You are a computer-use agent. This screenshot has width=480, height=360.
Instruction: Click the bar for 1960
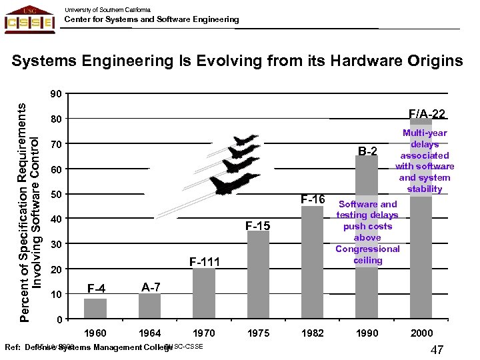pyautogui.click(x=95, y=309)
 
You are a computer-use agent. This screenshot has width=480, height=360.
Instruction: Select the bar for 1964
pyautogui.click(x=149, y=307)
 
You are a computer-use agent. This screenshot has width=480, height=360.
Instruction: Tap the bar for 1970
pyautogui.click(x=203, y=294)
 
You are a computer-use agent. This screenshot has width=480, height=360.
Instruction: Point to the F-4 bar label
pyautogui.click(x=96, y=289)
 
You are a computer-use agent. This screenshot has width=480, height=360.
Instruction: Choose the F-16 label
pyautogui.click(x=312, y=199)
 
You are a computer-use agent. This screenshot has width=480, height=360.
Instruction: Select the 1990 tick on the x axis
pyautogui.click(x=367, y=333)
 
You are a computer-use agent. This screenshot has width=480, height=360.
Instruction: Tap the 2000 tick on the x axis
pyautogui.click(x=421, y=333)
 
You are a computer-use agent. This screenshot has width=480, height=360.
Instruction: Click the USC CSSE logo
pyautogui.click(x=29, y=19)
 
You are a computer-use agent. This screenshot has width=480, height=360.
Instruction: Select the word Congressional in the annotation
pyautogui.click(x=367, y=249)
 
